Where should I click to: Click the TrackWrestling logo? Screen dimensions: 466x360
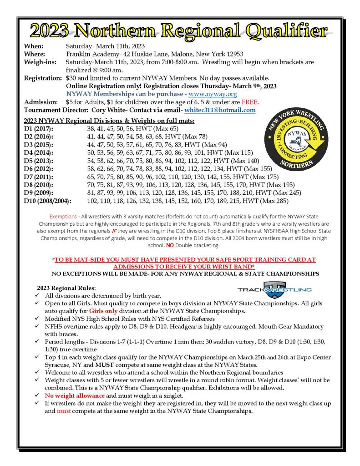tap(274, 289)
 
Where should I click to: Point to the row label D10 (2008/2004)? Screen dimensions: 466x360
tap(50, 201)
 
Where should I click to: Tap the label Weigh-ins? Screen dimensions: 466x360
tap(39, 61)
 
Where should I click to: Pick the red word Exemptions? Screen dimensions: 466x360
tap(63, 217)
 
